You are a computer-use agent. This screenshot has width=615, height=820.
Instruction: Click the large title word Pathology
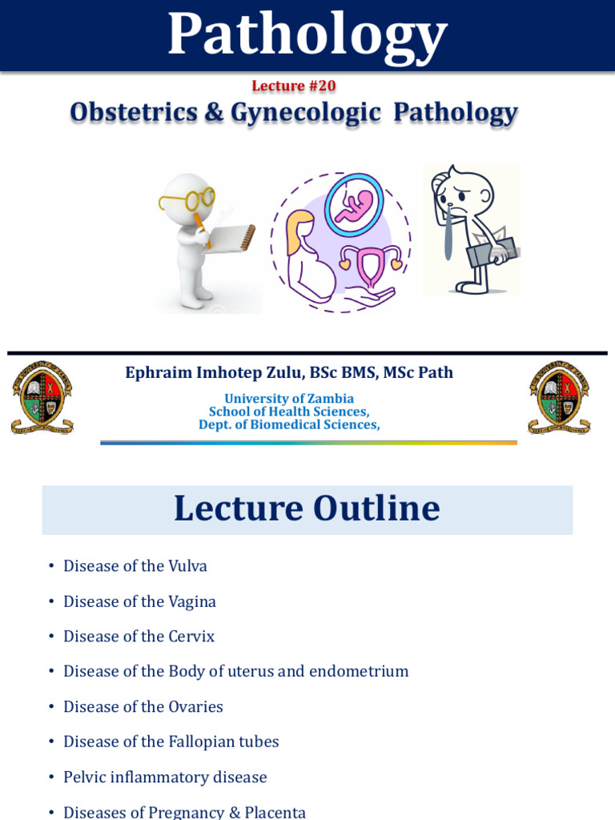[307, 35]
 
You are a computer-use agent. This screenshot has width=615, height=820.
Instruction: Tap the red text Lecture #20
[294, 86]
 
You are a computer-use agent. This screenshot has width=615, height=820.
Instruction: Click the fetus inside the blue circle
[354, 204]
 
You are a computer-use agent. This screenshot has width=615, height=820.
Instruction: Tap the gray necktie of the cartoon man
[448, 232]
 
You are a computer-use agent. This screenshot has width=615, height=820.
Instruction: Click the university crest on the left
[42, 397]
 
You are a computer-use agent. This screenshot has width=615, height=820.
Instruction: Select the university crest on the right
[559, 397]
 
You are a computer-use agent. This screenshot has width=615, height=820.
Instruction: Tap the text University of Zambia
[289, 399]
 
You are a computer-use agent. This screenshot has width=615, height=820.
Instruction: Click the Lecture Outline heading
[307, 509]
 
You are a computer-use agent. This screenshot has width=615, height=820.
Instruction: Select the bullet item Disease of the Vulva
[135, 566]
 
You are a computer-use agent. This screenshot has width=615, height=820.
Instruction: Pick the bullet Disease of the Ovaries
[143, 707]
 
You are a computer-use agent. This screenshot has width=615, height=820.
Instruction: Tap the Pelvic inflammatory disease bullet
[165, 778]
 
